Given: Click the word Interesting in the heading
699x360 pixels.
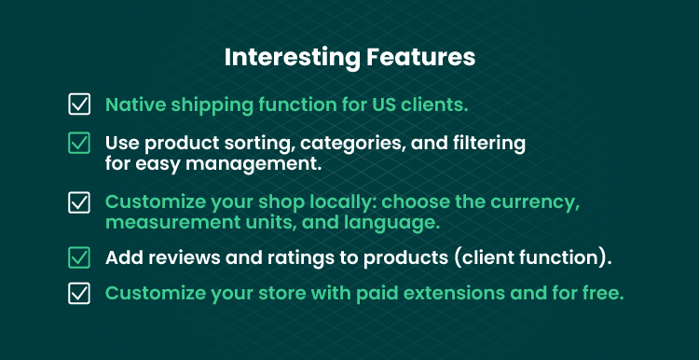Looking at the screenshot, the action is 293,58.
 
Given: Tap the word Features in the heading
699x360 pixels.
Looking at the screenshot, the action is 421,57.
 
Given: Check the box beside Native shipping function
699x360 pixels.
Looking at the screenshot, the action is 79,104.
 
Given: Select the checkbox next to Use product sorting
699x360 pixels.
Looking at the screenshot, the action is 79,144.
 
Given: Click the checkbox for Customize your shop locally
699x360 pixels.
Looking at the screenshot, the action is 79,202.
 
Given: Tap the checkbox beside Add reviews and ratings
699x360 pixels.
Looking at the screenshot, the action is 79,257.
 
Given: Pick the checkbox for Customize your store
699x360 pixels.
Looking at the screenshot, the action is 79,293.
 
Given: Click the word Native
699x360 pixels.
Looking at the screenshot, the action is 135,104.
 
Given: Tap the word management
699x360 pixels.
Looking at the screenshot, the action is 254,164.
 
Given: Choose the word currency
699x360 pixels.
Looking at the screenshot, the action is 535,203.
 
